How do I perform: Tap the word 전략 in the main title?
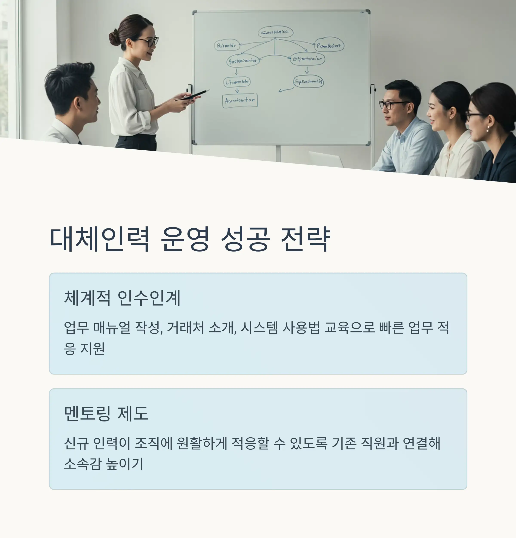pos(305,239)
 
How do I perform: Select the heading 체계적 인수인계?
pos(122,298)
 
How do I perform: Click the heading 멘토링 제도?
pos(106,413)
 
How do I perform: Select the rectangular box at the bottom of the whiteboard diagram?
pos(240,100)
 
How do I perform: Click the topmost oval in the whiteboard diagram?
pos(275,32)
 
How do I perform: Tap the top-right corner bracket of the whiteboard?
pos(367,12)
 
